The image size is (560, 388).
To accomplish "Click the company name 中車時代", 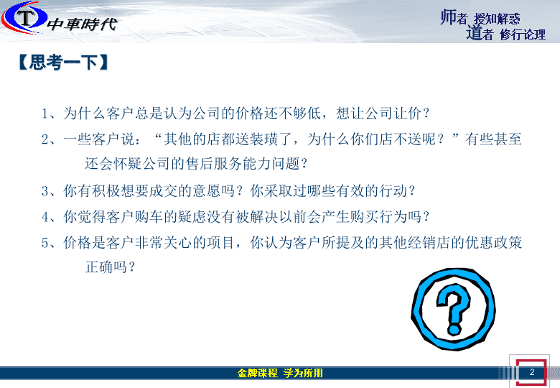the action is tap(82, 24).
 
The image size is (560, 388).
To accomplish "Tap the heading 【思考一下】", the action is tap(63, 63).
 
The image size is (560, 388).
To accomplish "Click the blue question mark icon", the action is tap(453, 310).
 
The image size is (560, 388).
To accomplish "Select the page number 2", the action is tap(532, 372).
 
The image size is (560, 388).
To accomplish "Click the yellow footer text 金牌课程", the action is tap(258, 373).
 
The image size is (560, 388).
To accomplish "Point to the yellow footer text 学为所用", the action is tap(303, 373).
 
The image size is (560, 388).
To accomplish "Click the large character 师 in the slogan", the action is tap(448, 17).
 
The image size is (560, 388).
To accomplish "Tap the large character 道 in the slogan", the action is tap(474, 32).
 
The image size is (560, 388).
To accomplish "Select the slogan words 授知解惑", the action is tap(497, 19).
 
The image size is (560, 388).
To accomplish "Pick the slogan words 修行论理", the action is tap(523, 34).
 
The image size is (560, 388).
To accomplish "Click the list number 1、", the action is tap(49, 114).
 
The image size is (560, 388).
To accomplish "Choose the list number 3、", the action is tap(49, 191).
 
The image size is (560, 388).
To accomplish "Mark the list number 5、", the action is tap(49, 243).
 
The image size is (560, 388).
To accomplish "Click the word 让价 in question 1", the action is tap(408, 114).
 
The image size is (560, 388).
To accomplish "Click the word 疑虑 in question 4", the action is tap(192, 217).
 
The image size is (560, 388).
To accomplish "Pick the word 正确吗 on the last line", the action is tap(106, 267).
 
